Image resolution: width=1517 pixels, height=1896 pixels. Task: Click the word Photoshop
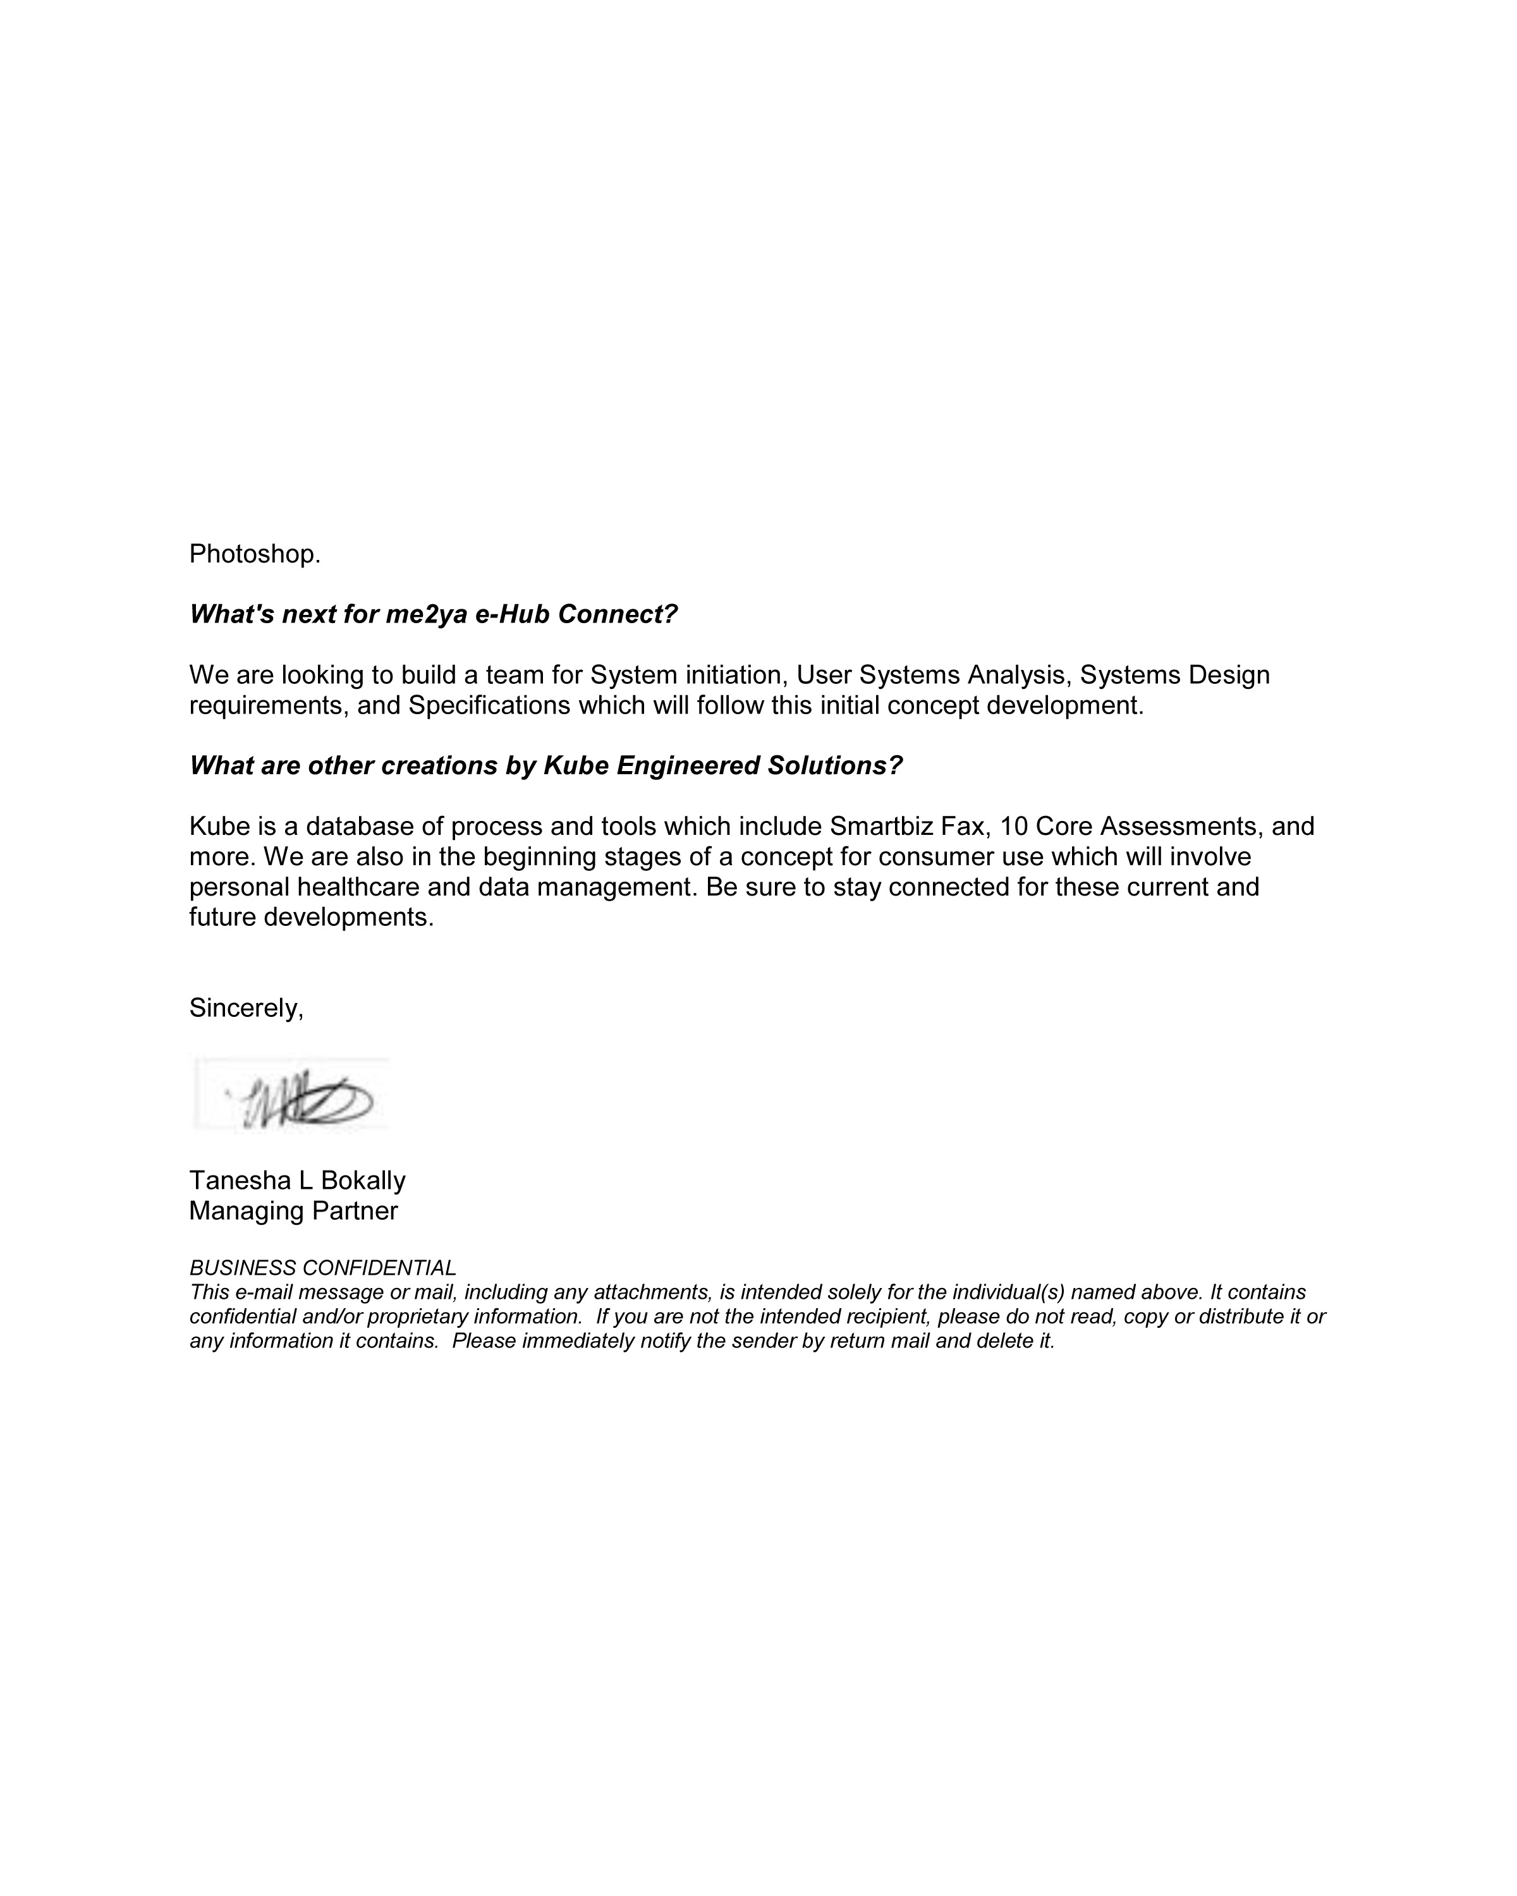[x=254, y=554]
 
